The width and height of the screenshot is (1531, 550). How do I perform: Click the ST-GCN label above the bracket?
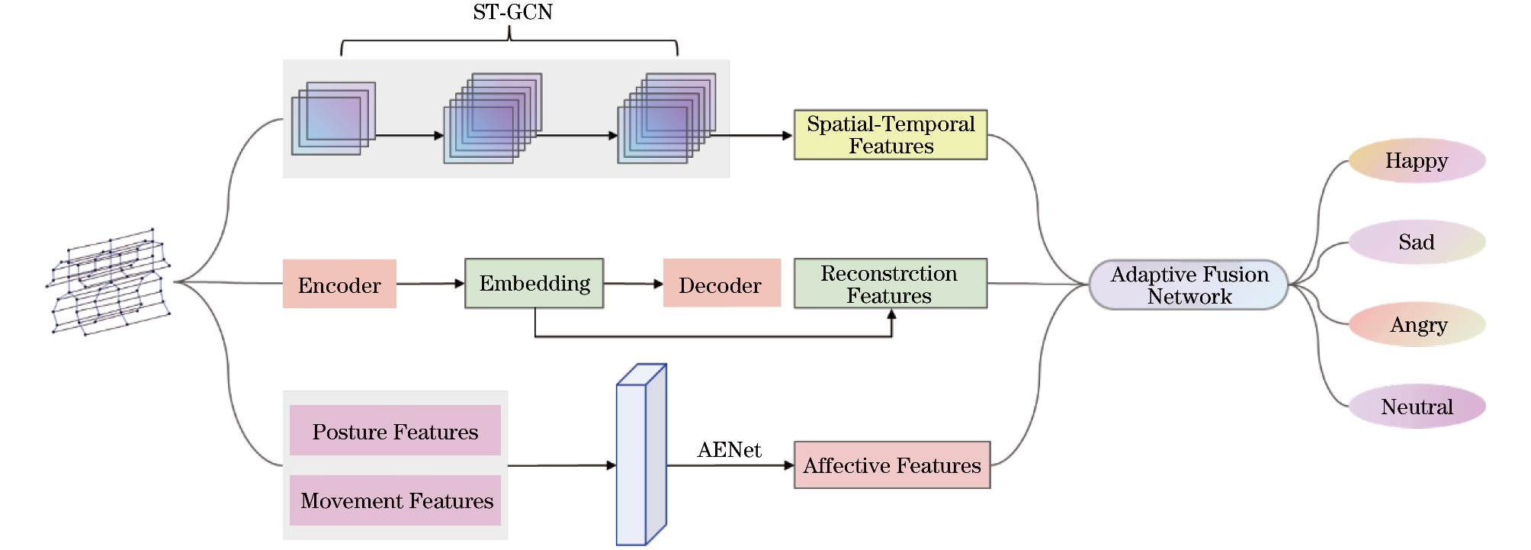tap(512, 12)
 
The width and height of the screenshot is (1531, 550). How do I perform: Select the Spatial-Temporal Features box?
tap(890, 135)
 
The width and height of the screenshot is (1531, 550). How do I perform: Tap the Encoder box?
tap(339, 285)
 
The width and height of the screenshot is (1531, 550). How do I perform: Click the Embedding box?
tap(534, 284)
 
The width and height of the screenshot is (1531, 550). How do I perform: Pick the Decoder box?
tap(721, 284)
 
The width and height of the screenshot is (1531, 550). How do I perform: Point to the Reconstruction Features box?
tap(890, 284)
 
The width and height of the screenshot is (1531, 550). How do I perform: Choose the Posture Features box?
tap(395, 431)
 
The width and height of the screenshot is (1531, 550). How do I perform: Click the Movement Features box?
tap(395, 500)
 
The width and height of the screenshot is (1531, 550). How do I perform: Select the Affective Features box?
tap(891, 465)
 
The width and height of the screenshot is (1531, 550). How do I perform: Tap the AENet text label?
tap(729, 450)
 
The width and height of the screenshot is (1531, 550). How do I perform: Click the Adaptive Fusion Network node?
tap(1189, 285)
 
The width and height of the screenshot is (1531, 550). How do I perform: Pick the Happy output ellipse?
tap(1417, 161)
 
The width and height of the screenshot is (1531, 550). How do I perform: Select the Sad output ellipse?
tap(1417, 243)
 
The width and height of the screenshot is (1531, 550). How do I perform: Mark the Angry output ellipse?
tap(1417, 325)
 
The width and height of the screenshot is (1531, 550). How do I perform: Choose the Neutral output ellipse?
tap(1417, 407)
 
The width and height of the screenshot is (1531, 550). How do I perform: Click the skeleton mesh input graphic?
tap(110, 281)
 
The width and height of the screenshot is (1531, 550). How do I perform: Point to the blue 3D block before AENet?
tap(640, 455)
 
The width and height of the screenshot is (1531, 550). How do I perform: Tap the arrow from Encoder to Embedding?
tap(430, 284)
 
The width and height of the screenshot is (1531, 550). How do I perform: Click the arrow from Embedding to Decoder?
tap(633, 284)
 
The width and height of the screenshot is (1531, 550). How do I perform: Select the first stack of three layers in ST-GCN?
tap(333, 119)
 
